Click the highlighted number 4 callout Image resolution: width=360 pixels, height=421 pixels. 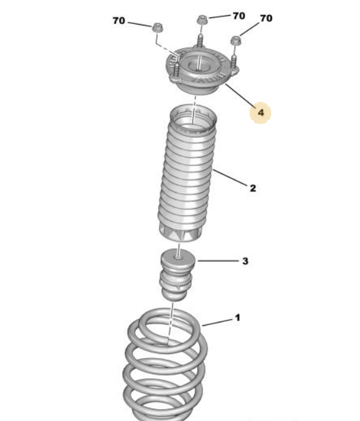(260, 113)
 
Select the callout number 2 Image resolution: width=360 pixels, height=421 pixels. (252, 188)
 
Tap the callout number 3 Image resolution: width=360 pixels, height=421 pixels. (245, 261)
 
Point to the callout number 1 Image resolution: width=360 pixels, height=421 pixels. (237, 318)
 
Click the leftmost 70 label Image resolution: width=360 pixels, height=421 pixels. (119, 21)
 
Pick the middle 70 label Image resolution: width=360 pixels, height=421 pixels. (239, 16)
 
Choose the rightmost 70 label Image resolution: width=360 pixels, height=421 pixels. (266, 18)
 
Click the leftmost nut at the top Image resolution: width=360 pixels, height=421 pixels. (158, 28)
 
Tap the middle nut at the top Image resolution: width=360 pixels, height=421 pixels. (202, 20)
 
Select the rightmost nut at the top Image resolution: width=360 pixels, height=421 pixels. (235, 40)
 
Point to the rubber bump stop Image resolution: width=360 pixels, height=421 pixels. (178, 274)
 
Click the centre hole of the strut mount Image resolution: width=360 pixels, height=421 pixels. (198, 66)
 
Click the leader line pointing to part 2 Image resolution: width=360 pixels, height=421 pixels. (230, 178)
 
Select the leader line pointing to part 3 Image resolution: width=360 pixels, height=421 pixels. (218, 261)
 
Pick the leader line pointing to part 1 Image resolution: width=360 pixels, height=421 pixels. (217, 322)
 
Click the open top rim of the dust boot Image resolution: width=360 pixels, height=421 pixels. (193, 118)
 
